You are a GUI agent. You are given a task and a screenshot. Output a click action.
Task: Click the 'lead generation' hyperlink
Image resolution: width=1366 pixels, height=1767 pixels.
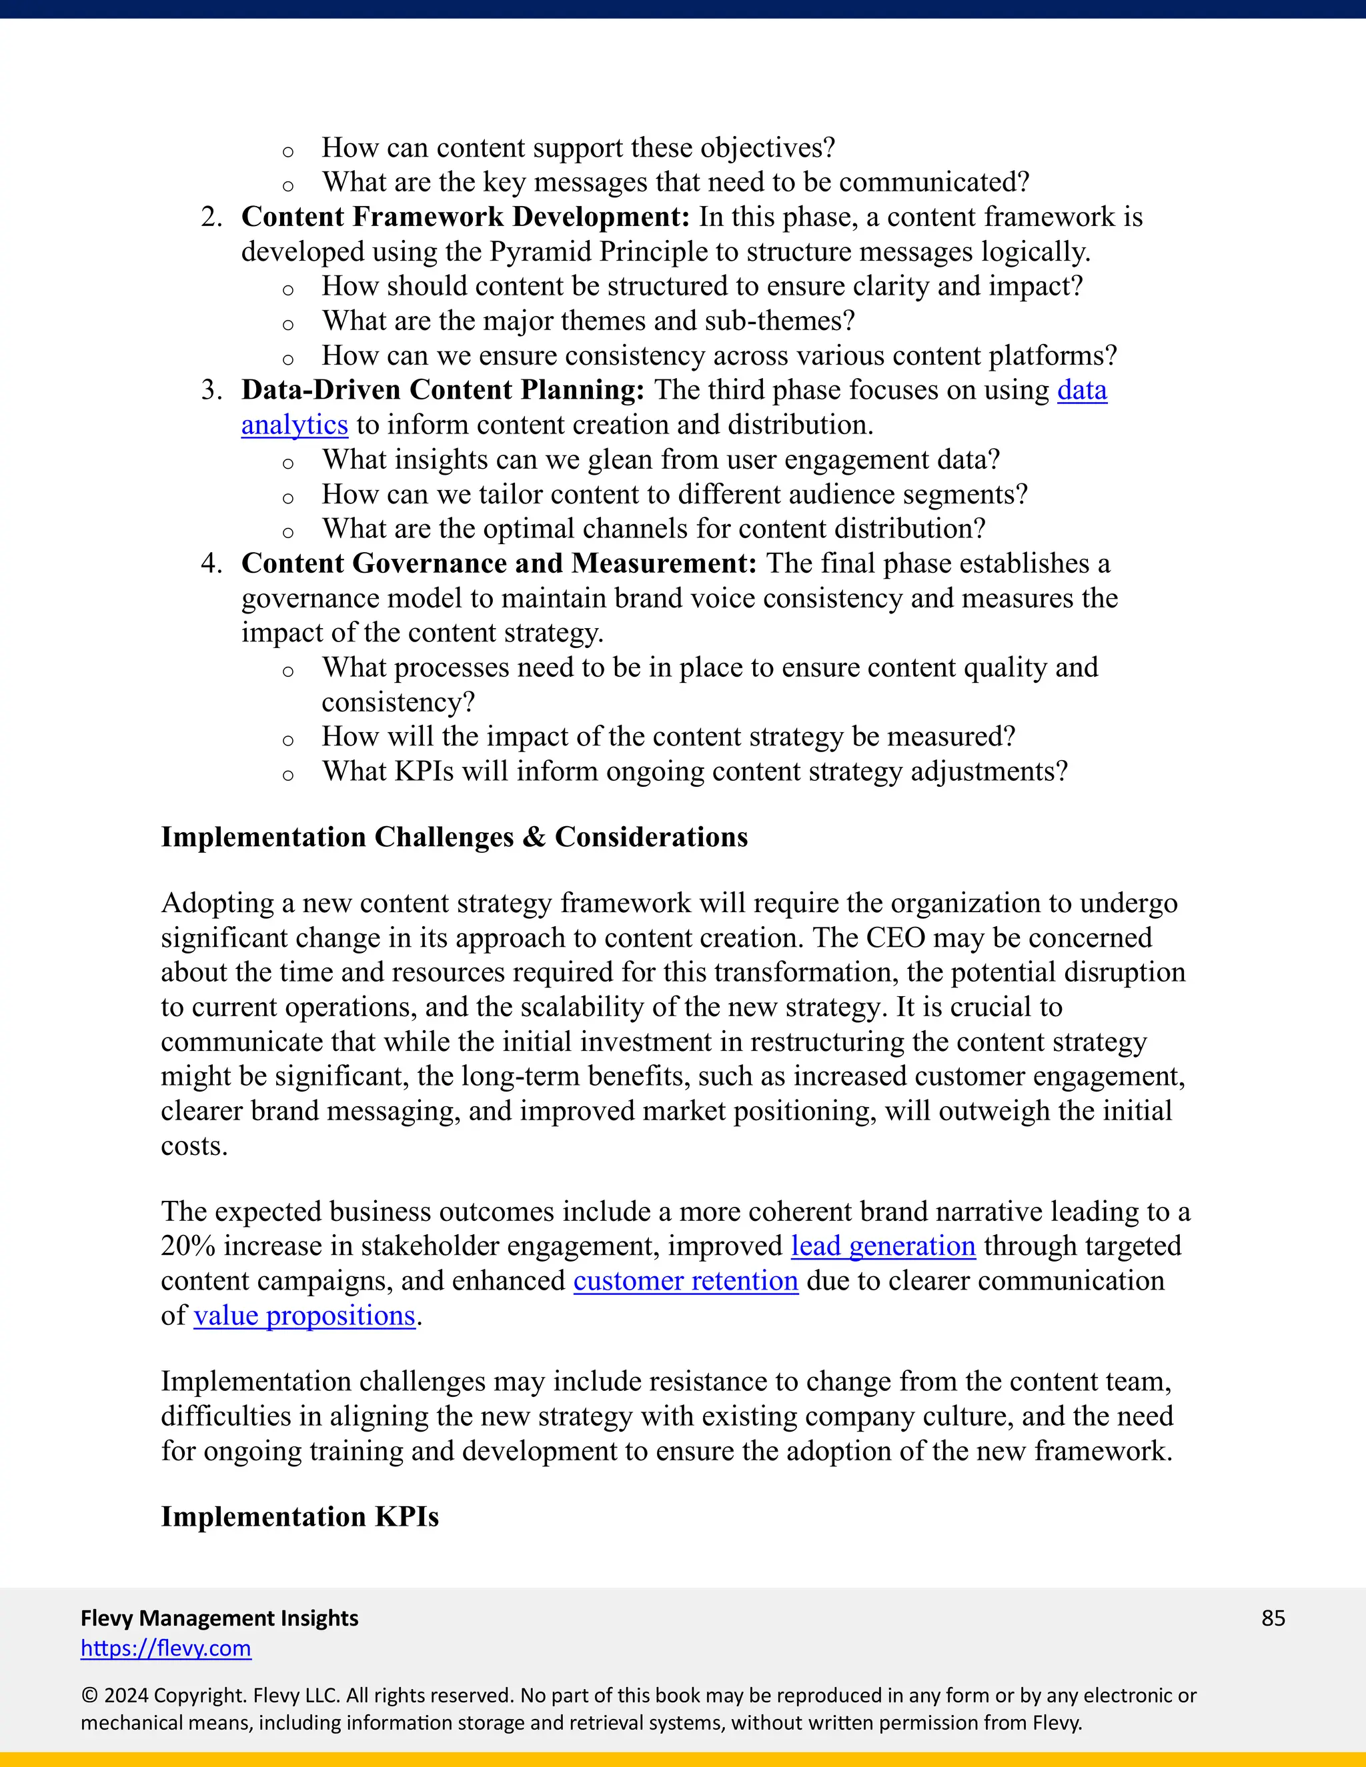click(x=883, y=1246)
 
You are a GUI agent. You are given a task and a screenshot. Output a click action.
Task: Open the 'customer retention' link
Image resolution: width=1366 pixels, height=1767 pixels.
click(x=686, y=1281)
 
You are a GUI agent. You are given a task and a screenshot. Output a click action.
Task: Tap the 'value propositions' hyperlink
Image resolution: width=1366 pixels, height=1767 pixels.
click(x=304, y=1316)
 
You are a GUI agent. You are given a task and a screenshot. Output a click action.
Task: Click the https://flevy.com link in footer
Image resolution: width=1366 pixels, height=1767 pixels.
click(x=166, y=1648)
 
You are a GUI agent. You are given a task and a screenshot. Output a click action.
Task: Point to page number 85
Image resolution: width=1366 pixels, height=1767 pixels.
click(x=1273, y=1618)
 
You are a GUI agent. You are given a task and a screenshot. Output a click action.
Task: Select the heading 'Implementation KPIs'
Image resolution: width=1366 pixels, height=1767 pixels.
click(x=299, y=1516)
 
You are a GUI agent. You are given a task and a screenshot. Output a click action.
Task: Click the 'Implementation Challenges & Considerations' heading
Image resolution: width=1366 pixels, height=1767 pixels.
click(x=454, y=837)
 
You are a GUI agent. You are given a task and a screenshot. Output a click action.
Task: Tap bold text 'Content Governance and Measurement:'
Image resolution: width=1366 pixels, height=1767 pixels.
click(x=498, y=563)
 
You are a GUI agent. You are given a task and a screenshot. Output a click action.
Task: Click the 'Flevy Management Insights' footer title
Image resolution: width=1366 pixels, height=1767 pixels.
click(x=219, y=1618)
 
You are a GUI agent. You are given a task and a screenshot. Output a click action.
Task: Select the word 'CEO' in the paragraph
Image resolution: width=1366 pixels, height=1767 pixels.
click(x=895, y=938)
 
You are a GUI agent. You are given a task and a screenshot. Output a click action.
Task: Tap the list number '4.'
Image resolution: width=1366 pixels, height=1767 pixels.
click(x=211, y=563)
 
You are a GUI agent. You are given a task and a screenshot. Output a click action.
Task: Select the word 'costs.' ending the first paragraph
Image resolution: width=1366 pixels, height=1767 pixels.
click(x=194, y=1146)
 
